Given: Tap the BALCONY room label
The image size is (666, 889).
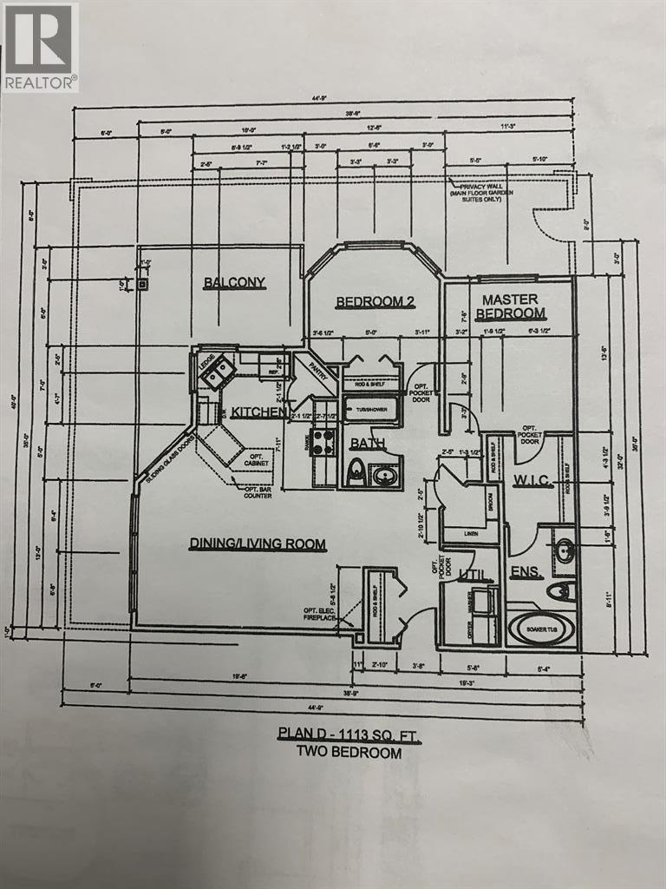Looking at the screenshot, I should (x=234, y=282).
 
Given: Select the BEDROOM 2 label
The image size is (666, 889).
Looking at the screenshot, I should (x=372, y=302).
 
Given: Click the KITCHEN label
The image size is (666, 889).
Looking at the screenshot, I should (x=258, y=411).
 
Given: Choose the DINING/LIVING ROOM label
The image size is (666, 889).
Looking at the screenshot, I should (x=258, y=544).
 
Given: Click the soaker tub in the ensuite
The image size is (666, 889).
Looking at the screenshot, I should (x=540, y=629).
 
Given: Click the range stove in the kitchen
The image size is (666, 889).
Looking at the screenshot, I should (x=323, y=441).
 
